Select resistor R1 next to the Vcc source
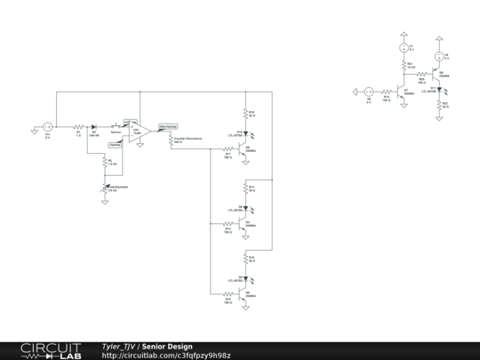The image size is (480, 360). [78, 127]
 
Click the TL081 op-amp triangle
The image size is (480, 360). [132, 128]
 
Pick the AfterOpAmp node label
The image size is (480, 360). [167, 126]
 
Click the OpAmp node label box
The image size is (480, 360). [115, 144]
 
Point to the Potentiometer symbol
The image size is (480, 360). [105, 187]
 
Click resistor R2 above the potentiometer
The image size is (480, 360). [105, 163]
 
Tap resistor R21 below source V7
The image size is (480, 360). [401, 67]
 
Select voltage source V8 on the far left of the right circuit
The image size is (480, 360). [368, 91]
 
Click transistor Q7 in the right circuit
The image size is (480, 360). [400, 91]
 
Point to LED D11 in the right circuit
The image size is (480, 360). [440, 89]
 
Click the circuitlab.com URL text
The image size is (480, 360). [165, 356]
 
